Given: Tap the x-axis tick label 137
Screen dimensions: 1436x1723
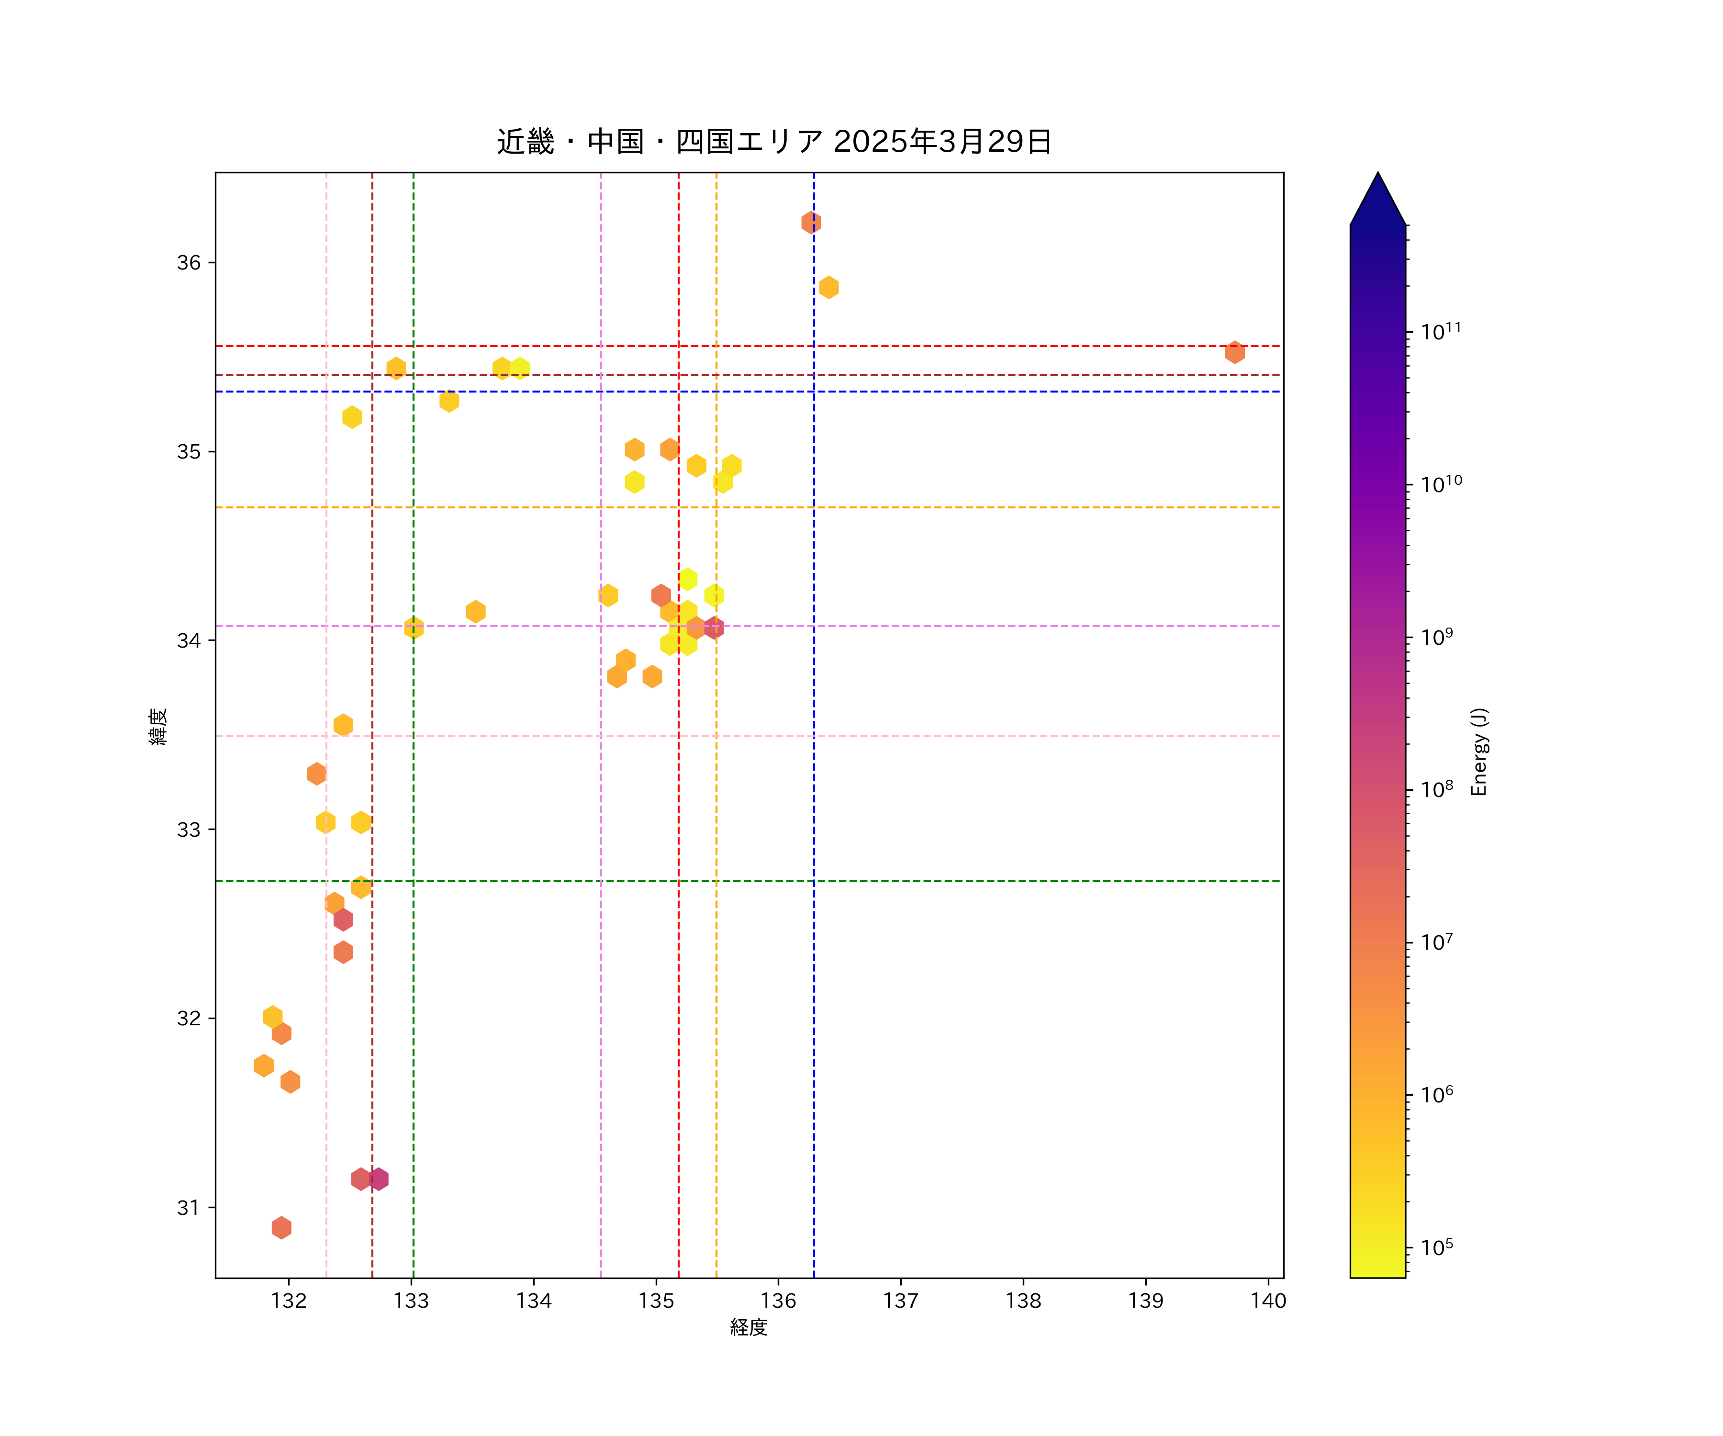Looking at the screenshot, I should point(900,1301).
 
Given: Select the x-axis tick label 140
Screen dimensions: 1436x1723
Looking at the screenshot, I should point(1268,1301).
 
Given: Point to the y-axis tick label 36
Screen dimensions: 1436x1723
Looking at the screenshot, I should point(189,263).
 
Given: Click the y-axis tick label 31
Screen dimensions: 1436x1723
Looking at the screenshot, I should point(189,1207).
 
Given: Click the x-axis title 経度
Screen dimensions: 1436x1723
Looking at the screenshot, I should point(748,1327).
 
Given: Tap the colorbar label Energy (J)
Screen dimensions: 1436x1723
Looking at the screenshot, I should point(1478,752).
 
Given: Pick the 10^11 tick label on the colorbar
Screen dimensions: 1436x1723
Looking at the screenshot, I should point(1441,332).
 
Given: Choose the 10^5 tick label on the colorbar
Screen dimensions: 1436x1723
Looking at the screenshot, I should point(1437,1248).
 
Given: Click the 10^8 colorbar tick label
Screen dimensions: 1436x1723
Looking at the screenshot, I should point(1437,789).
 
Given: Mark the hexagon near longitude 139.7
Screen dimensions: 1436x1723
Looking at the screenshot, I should point(1235,352).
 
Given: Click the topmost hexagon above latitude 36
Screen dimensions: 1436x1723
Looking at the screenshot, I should point(811,223).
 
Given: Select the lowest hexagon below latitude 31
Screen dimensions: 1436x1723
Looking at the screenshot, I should point(281,1228).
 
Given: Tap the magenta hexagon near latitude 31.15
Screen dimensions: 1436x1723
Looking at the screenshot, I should point(378,1179).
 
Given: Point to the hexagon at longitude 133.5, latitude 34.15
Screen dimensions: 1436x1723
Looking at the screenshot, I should point(475,611).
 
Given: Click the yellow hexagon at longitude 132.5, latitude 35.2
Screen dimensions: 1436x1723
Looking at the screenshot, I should point(352,417).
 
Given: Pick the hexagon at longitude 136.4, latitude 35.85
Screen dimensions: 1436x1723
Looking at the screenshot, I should point(828,287).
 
